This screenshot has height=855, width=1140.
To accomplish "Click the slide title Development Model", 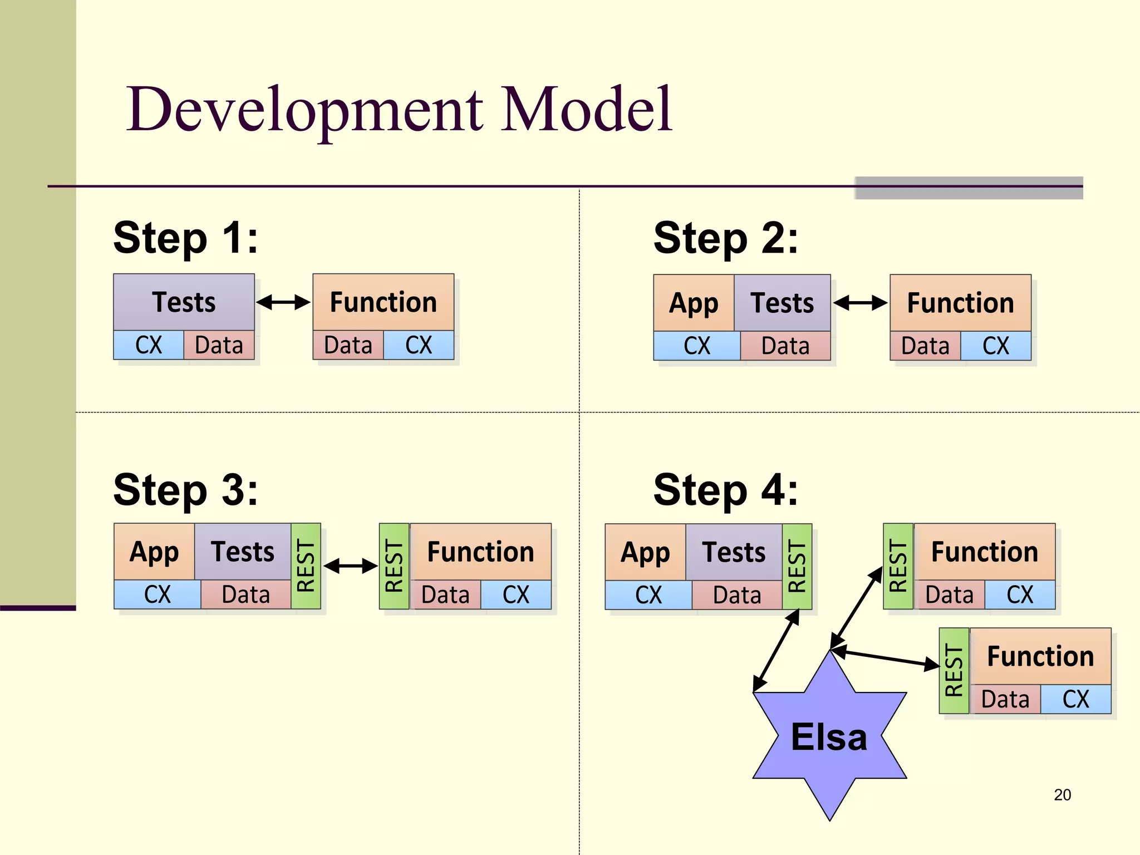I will pos(399,110).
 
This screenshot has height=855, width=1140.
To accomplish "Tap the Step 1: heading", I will pos(185,238).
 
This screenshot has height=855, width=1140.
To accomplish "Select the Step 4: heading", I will pos(725,490).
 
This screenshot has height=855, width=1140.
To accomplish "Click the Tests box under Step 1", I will pos(184,302).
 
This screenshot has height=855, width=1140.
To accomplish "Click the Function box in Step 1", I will pos(383,302).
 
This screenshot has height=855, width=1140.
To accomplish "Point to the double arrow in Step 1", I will pos(283,302).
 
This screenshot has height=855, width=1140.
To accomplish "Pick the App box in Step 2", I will pos(694,303).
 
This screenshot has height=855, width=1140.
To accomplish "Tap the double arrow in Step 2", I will pos(860,303).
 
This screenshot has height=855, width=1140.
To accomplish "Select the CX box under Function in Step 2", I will pos(995,346).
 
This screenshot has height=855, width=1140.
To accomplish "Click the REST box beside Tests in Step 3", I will pos(306,566).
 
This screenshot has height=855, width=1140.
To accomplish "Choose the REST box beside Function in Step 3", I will pos(394,566).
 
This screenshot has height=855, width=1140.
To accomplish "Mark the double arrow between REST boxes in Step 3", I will pos(350,566).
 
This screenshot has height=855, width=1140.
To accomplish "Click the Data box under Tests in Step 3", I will pos(245,594).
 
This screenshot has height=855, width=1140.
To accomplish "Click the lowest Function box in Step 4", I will pos(1040,656).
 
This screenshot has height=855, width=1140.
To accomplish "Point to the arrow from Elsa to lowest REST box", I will pos(885,658).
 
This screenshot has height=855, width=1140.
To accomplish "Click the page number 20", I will pos(1062,795).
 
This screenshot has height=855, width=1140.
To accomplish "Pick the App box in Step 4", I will pos(645,552).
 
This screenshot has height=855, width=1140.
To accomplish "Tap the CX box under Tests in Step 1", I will pos(149,345).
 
